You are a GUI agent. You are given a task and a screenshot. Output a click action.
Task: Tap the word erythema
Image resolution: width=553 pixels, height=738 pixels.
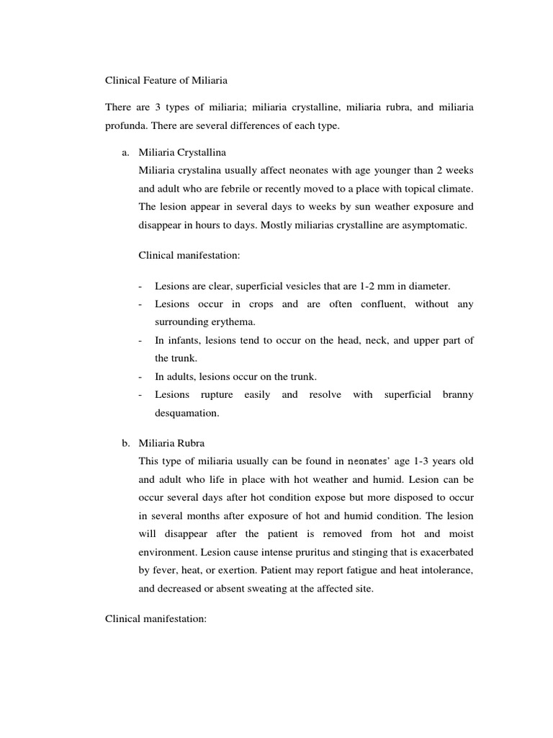tap(231, 322)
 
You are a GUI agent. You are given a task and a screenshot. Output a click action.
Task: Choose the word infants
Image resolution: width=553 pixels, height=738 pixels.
tap(183, 340)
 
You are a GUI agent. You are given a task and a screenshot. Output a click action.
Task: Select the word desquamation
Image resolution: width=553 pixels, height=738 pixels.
tap(186, 414)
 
